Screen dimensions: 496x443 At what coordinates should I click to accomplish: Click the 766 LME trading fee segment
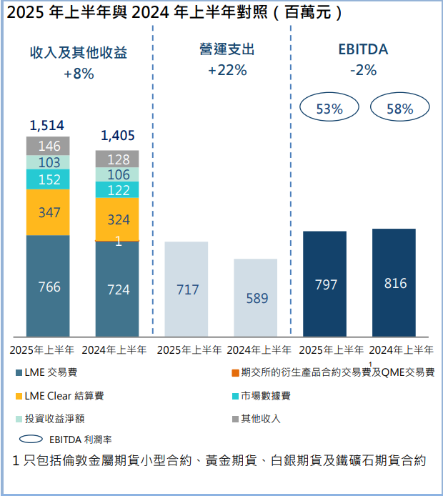49,287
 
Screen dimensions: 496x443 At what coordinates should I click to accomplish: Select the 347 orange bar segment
49,212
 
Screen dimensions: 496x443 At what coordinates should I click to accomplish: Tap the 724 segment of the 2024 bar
118,289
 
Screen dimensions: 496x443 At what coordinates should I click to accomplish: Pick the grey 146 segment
49,146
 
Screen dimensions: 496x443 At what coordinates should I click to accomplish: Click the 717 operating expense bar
186,289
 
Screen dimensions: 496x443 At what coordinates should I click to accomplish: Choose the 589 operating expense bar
256,297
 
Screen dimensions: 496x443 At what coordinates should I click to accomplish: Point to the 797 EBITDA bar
325,284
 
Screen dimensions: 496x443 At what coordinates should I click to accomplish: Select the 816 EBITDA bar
394,283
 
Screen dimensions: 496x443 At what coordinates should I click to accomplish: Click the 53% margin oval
329,109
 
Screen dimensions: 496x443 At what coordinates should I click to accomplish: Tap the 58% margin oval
400,109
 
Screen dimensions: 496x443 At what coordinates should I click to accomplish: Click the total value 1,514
47,126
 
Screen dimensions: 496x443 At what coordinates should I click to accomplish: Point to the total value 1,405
118,135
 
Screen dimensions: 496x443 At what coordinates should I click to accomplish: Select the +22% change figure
227,70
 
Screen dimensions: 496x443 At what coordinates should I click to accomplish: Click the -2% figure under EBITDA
363,70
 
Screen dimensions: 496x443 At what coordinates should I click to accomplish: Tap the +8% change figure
79,73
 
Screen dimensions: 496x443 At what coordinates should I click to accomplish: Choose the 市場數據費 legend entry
265,395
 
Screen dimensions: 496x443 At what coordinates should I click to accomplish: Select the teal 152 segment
49,179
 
